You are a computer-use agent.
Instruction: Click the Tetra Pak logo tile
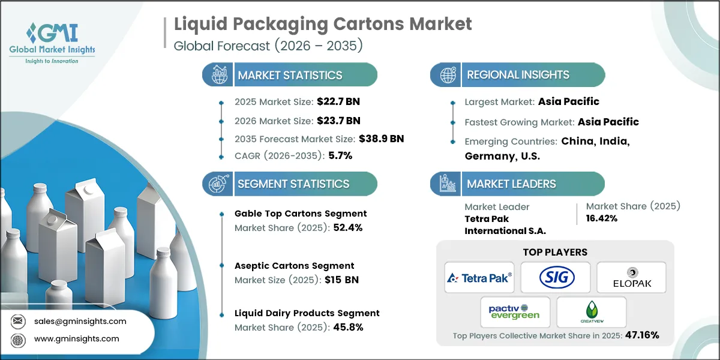(x=479, y=277)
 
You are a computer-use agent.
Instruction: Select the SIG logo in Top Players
(x=556, y=277)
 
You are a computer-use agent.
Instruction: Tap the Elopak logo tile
(x=631, y=277)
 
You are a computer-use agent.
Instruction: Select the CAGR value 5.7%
(x=340, y=155)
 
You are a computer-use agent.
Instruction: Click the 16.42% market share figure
(x=602, y=218)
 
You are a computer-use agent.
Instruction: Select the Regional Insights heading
(x=518, y=75)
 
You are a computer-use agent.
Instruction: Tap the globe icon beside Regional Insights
(x=447, y=75)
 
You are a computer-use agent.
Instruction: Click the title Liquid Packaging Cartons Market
(x=323, y=24)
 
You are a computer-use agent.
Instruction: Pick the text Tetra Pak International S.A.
(x=505, y=224)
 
